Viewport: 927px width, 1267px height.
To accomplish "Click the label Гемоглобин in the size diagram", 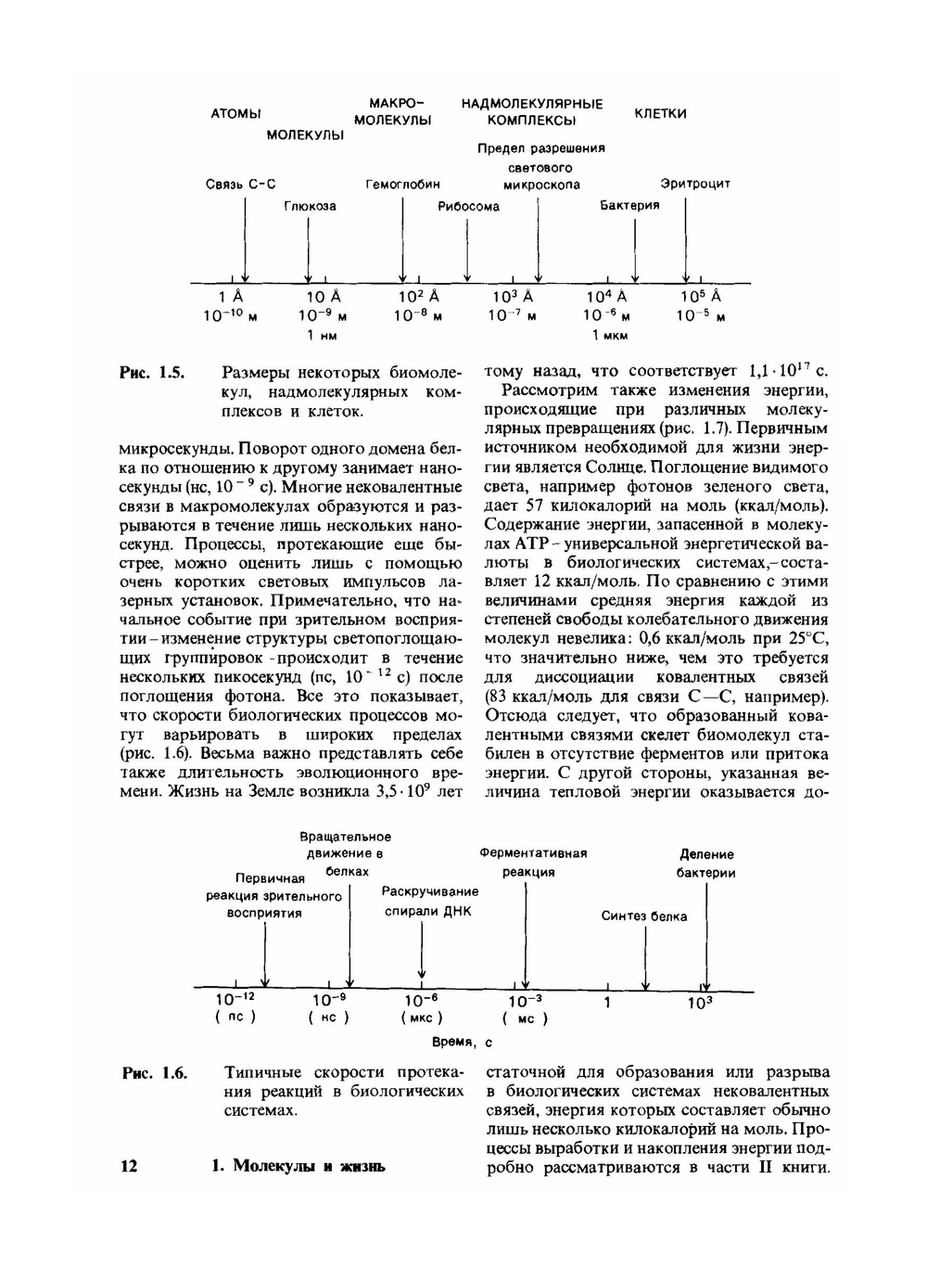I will click(402, 184).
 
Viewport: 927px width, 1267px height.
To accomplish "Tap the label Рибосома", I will click(468, 206).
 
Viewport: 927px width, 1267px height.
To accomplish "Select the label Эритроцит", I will click(695, 184).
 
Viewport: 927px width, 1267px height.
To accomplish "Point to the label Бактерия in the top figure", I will click(629, 205).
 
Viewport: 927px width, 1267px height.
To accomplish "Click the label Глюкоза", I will click(310, 206).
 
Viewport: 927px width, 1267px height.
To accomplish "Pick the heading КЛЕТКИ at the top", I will click(660, 113).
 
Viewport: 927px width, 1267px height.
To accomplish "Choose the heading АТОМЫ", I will click(235, 113).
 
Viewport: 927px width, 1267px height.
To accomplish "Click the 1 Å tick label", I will click(231, 297).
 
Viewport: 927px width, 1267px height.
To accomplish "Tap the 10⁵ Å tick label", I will click(701, 297).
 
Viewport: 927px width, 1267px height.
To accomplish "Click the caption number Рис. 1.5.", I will click(153, 374).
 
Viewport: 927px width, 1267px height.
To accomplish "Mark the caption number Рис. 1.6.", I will click(155, 1073).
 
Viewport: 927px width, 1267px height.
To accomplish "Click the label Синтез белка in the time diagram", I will click(644, 916).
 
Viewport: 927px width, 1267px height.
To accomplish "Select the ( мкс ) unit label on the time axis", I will click(422, 1017).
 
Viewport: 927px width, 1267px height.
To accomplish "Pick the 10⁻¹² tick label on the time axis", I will click(235, 999).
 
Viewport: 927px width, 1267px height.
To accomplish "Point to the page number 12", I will click(129, 1166).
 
